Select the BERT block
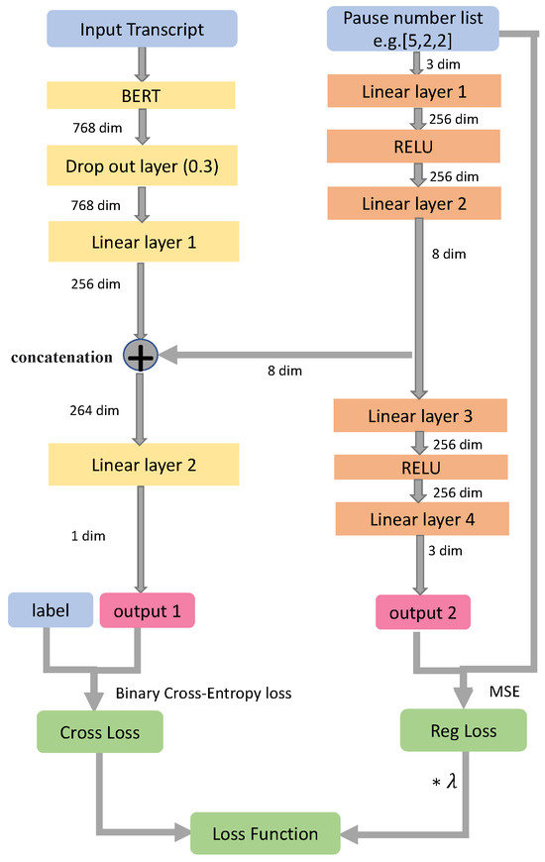tap(139, 95)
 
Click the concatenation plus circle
tap(141, 355)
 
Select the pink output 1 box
tap(147, 610)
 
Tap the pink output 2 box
tap(422, 611)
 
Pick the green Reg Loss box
tap(462, 730)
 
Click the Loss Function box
tap(266, 833)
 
